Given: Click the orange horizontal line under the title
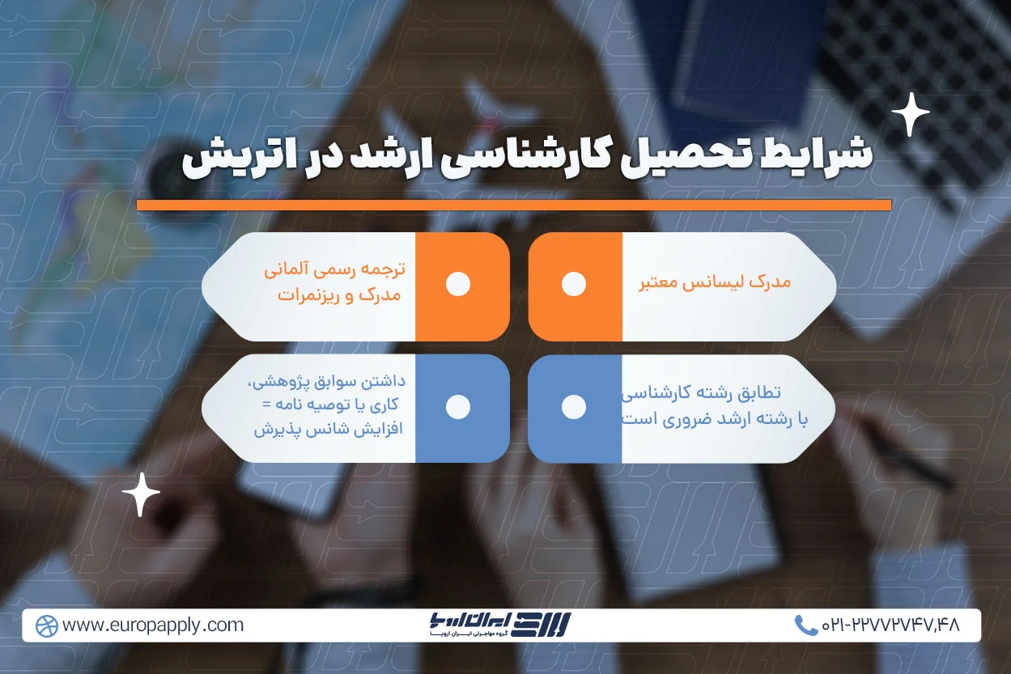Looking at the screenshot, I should click(514, 206).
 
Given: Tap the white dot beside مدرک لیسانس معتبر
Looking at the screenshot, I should click(574, 284).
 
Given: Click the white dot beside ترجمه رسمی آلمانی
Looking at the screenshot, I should click(458, 284).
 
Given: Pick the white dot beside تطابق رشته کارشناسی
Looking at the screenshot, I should click(574, 407).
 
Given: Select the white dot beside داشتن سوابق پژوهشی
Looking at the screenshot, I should click(458, 407).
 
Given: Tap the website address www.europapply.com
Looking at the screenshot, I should click(152, 625).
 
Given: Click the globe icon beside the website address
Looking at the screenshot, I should click(47, 625).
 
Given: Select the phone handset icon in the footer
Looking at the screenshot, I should click(805, 625).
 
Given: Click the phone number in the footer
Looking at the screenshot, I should click(890, 625).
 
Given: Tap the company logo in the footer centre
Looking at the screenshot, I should click(500, 625).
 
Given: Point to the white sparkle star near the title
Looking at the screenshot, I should click(910, 114).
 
